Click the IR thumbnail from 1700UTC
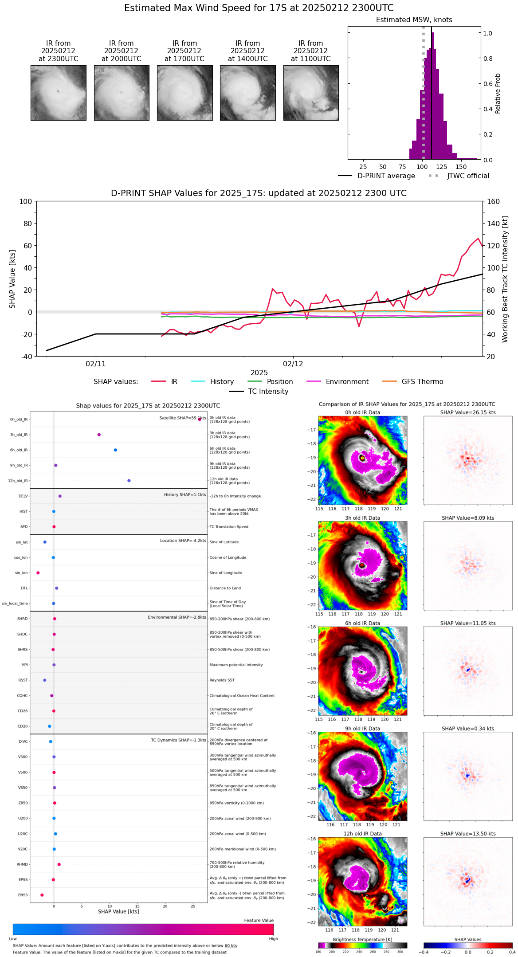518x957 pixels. point(184,93)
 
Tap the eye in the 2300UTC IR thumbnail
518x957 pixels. point(58,91)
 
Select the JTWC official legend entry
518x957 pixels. point(468,176)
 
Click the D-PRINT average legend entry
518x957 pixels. point(386,176)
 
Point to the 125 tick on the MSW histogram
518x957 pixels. point(442,167)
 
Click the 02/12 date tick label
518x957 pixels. point(293,364)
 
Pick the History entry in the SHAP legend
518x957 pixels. point(222,382)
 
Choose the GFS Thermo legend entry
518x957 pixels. point(422,382)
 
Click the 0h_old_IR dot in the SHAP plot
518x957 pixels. point(200,419)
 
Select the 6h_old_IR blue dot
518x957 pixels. point(115,450)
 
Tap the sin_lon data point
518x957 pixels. point(38,573)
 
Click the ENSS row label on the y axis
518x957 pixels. point(23,895)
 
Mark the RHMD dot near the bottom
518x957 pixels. point(59,864)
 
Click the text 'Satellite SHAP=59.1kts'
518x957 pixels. point(183,418)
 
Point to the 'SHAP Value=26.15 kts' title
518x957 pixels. point(468,412)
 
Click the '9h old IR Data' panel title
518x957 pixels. point(362,729)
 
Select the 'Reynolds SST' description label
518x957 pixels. point(222,680)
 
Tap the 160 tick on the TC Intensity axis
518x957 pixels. point(494,202)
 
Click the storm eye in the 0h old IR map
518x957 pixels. point(362,458)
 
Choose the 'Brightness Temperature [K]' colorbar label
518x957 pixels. point(362,939)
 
